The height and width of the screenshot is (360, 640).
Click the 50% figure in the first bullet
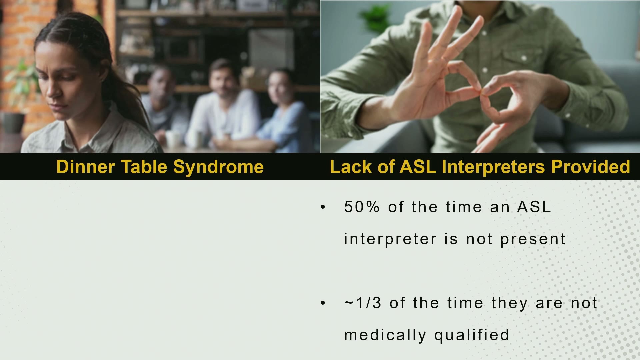[362, 207]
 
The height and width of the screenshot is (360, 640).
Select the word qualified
[472, 335]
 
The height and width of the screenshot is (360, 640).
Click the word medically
[385, 335]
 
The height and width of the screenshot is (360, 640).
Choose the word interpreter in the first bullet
[390, 239]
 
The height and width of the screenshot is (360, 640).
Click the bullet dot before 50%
[323, 207]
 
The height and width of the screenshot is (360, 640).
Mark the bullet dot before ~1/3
[323, 303]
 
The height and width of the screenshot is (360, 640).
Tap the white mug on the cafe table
[173, 139]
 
